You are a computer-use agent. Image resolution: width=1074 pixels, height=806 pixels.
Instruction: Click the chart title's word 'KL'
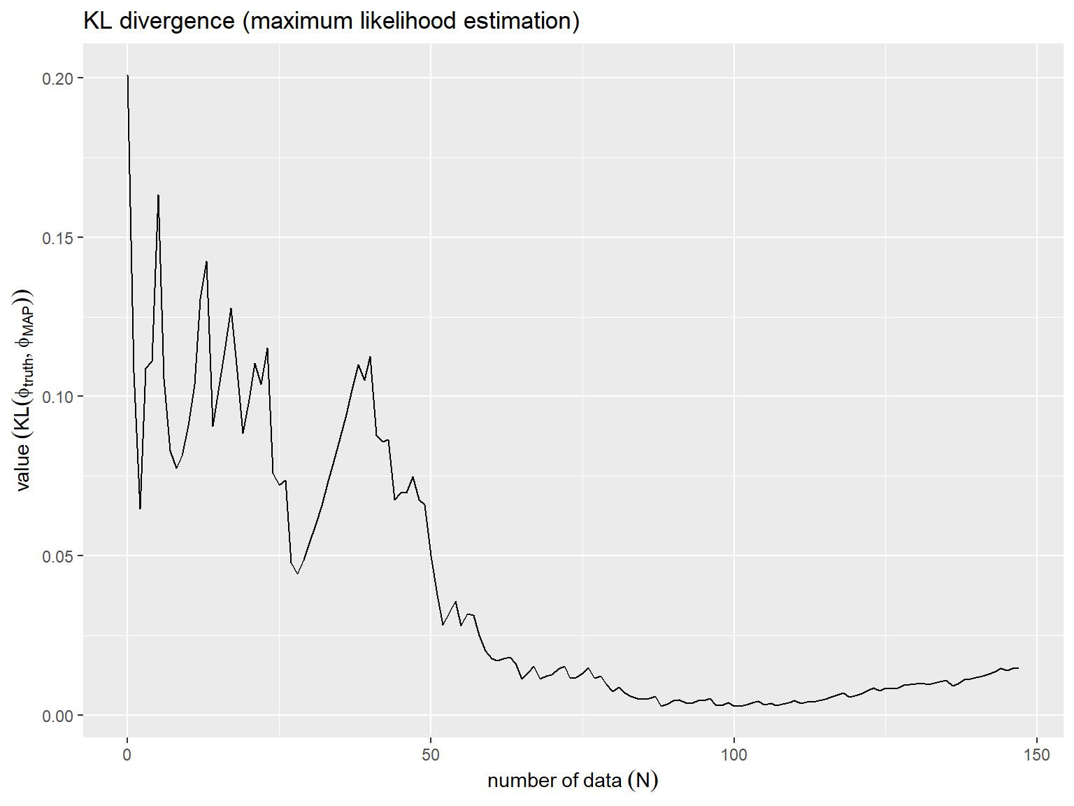coord(97,21)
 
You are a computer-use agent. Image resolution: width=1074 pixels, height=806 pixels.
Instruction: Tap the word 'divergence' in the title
coord(177,22)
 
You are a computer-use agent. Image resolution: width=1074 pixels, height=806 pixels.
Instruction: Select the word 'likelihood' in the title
coord(410,21)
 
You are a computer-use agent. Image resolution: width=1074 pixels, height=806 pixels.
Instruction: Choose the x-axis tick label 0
coord(127,755)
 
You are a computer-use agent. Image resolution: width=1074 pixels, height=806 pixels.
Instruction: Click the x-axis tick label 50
coord(431,755)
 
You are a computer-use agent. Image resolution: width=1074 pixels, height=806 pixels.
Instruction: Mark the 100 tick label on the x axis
coord(734,755)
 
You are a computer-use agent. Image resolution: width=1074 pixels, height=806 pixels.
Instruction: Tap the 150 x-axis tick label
coord(1037,755)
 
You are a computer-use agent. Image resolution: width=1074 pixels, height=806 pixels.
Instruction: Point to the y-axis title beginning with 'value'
coord(23,390)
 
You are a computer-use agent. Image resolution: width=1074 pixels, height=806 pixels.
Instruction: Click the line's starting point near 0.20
coord(127,76)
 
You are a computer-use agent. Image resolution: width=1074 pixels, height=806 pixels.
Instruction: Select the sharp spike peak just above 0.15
coord(158,195)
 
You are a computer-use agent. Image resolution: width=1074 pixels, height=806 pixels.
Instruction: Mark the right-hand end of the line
coord(1018,668)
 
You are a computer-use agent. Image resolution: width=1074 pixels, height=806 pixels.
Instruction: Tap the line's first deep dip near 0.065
coord(140,509)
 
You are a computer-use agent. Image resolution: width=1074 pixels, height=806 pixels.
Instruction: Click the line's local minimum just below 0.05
coord(297,574)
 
